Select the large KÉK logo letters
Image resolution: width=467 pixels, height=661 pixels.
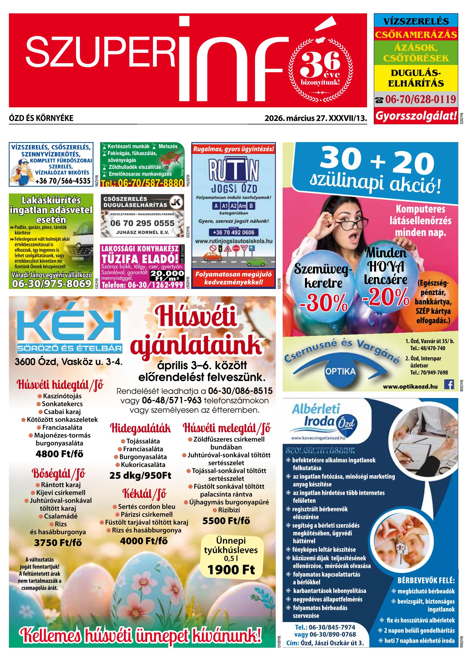coord(69,325)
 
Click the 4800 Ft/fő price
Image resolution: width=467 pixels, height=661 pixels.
coord(60,454)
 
